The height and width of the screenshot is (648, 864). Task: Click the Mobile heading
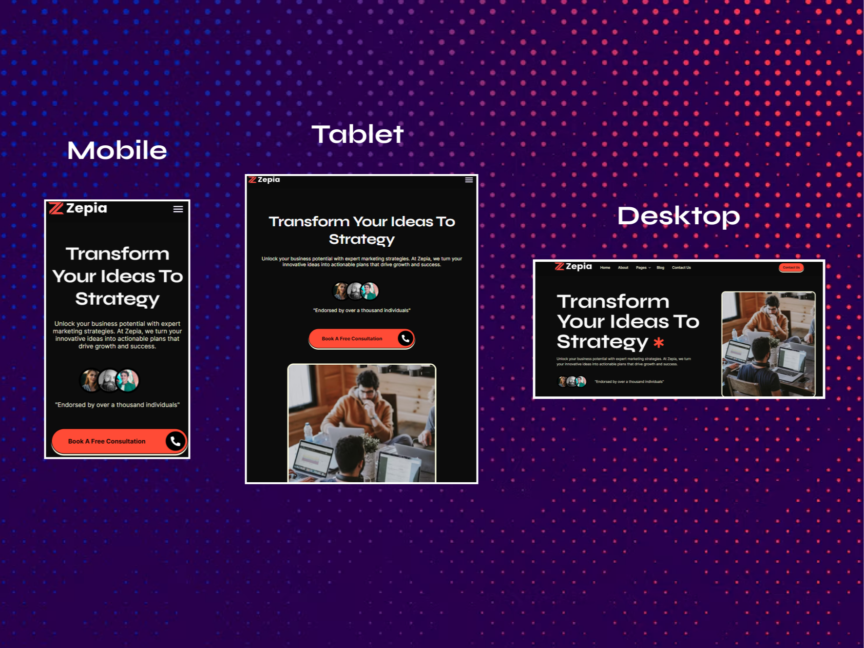[117, 150]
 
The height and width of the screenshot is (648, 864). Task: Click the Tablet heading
[358, 134]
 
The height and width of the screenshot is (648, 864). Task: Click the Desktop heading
[678, 216]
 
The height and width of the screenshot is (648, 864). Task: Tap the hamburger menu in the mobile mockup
[178, 209]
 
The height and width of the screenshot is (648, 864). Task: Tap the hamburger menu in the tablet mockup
[469, 180]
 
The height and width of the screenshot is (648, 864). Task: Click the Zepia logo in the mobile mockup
[78, 208]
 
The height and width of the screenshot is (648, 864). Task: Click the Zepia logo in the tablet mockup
[264, 180]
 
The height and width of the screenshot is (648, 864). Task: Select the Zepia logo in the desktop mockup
[574, 266]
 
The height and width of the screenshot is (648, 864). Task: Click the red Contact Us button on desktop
[791, 268]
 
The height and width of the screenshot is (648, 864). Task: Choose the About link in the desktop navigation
[623, 268]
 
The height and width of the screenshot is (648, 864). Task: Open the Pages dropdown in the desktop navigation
[643, 268]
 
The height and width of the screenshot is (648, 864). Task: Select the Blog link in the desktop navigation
[660, 268]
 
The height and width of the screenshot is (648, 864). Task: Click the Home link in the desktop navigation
[605, 268]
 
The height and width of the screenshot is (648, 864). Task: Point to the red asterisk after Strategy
[659, 342]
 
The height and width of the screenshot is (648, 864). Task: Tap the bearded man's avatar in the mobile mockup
[109, 380]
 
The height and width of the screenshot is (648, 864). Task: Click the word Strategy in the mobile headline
[117, 299]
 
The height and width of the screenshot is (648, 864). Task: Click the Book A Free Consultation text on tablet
[352, 339]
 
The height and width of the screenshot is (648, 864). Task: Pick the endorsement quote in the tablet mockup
[362, 311]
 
